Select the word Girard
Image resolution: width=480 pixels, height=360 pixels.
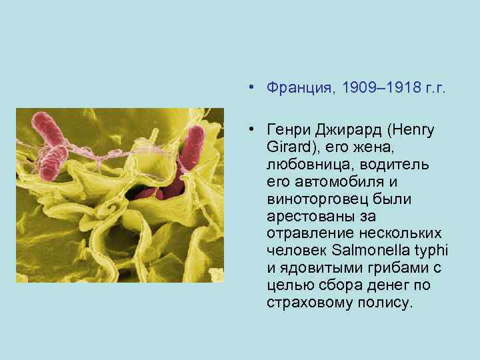coord(286,147)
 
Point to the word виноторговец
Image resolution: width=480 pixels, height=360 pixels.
coord(309,199)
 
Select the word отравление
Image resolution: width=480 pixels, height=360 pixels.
coord(303,233)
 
